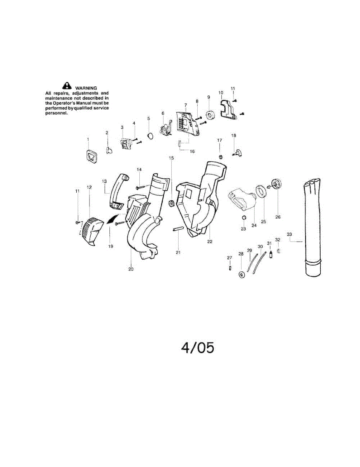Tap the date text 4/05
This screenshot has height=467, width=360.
197,348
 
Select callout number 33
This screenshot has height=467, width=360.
289,234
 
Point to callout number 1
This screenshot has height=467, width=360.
88,139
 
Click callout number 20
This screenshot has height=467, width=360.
131,269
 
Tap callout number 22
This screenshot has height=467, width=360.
210,242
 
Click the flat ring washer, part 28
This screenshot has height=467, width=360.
242,275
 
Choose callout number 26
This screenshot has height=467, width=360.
278,217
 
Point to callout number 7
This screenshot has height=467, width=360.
186,105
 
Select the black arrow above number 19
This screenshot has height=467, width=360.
112,220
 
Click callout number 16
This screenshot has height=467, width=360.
192,151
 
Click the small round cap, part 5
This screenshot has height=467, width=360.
149,135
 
